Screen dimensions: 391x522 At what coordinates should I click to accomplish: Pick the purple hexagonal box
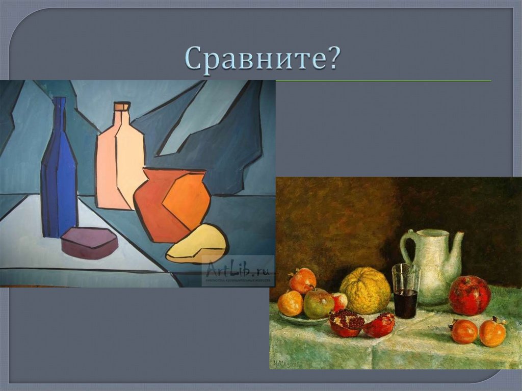[x=90, y=243]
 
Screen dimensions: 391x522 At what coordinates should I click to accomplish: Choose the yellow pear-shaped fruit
[x=199, y=245]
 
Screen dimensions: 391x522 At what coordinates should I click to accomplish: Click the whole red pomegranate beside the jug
[x=469, y=295]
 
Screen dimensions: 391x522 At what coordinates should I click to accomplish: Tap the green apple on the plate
[x=319, y=304]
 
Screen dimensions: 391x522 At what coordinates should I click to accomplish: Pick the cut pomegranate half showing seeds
[x=347, y=323]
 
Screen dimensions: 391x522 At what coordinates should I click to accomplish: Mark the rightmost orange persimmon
[x=492, y=332]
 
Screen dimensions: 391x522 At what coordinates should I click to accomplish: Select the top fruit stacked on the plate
[x=303, y=280]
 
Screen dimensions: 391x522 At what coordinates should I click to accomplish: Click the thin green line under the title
[x=382, y=81]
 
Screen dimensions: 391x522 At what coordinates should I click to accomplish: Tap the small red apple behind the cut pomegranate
[x=338, y=301]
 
